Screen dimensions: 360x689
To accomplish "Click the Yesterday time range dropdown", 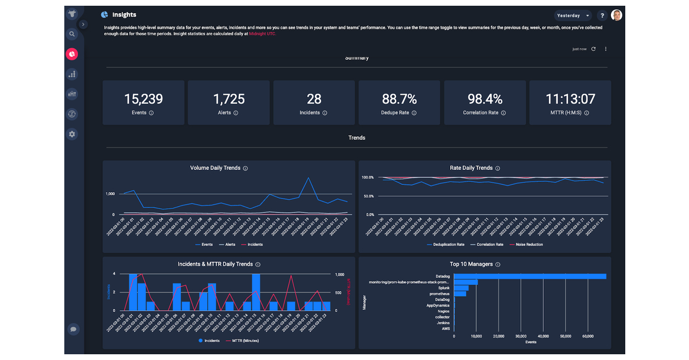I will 572,16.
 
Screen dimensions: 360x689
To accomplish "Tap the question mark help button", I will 602,16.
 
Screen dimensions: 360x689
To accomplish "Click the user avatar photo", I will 617,16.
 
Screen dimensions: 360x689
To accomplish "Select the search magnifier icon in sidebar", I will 72,34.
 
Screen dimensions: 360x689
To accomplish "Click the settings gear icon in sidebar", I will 72,134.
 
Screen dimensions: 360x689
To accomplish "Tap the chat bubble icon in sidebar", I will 73,329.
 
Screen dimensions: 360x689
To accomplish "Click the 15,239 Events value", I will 144,99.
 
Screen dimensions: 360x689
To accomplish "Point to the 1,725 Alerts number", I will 229,99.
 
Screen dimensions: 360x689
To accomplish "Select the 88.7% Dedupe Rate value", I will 399,99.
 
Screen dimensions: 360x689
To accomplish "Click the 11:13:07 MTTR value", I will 570,99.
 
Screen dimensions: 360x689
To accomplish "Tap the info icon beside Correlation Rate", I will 504,113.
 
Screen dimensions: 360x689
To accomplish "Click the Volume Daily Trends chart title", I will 215,168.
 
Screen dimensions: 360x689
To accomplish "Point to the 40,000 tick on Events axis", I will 543,336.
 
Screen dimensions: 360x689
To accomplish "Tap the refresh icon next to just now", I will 593,49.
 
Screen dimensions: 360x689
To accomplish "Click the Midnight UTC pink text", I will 262,34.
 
